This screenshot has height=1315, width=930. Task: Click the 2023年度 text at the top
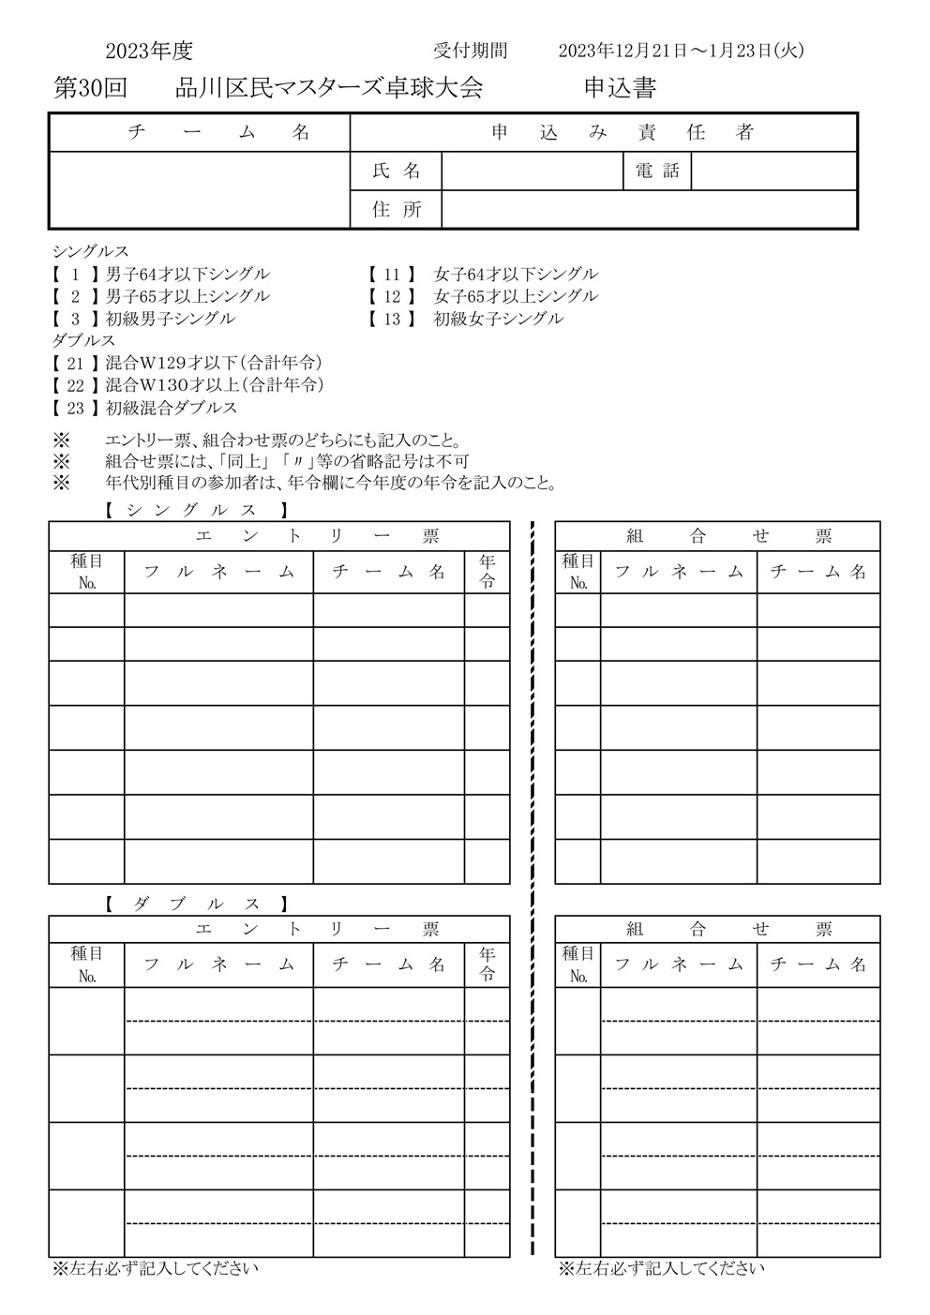149,52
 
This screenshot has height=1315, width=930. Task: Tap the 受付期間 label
470,52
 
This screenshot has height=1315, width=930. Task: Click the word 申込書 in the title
620,89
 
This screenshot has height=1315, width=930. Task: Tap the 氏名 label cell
396,172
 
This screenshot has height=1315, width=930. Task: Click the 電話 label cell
657,172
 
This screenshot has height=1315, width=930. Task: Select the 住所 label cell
396,210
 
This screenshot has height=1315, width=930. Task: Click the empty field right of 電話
773,172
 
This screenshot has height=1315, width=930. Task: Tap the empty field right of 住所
649,210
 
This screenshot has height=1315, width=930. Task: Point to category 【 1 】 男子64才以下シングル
161,275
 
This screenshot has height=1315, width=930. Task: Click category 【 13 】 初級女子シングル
467,319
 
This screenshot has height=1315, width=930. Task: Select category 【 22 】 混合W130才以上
187,385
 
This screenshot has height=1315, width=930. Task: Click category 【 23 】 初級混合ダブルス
145,408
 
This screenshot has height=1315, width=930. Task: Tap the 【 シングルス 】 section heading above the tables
194,511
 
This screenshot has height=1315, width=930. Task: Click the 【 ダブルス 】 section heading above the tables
194,904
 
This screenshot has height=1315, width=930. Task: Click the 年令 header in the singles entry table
487,572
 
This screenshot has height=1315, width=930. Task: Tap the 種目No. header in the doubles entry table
87,964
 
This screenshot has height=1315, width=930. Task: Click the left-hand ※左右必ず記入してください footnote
156,1269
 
